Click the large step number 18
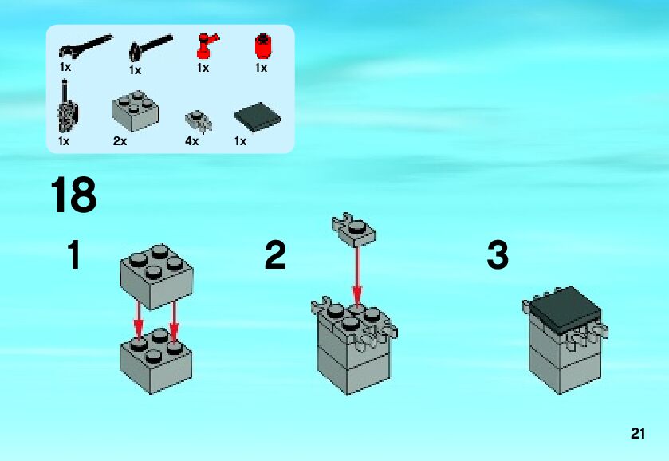pos(73,195)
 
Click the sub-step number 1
pos(74,256)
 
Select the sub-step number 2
pos(275,256)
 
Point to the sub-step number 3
pos(497,256)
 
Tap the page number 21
pos(637,434)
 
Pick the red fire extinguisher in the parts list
pos(207,45)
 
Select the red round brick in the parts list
pos(261,45)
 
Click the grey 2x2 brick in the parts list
pos(135,110)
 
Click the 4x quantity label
pos(191,141)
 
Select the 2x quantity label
pos(120,141)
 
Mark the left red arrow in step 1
pos(138,318)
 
